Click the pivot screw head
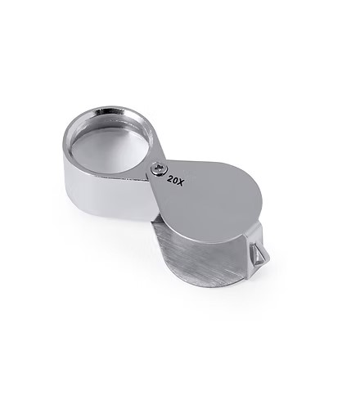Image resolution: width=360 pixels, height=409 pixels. [159, 169]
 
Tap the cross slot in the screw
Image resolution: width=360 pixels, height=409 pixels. [159, 169]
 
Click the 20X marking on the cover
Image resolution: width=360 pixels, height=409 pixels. [175, 181]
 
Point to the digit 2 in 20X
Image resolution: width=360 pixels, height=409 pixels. [170, 179]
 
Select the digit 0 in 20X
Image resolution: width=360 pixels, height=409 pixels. [175, 181]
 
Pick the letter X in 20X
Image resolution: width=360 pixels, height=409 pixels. [181, 182]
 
